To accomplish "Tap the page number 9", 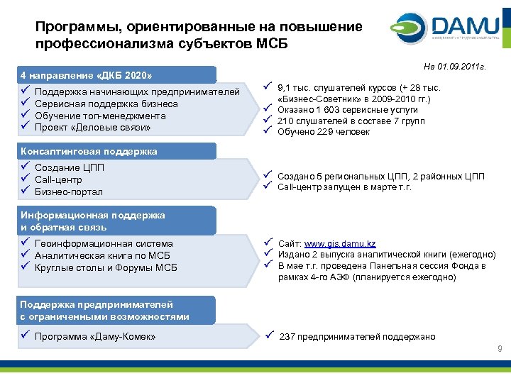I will (500, 348).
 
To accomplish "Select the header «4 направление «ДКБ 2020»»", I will (87, 75).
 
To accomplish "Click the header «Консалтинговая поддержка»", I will (89, 151).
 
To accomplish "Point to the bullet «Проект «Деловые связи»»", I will (92, 128).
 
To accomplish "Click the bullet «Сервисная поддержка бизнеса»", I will (106, 104).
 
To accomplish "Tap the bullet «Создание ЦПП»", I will (68, 167).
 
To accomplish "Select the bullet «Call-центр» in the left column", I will (58, 179).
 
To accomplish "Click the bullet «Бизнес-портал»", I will (68, 192).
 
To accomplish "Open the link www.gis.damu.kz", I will (339, 243).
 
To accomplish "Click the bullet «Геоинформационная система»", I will (103, 243).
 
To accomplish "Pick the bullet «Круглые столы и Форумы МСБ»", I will (106, 267).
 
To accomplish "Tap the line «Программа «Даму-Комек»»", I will (95, 336).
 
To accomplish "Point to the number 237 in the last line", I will (287, 337).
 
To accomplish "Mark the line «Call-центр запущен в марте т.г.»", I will (344, 187).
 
